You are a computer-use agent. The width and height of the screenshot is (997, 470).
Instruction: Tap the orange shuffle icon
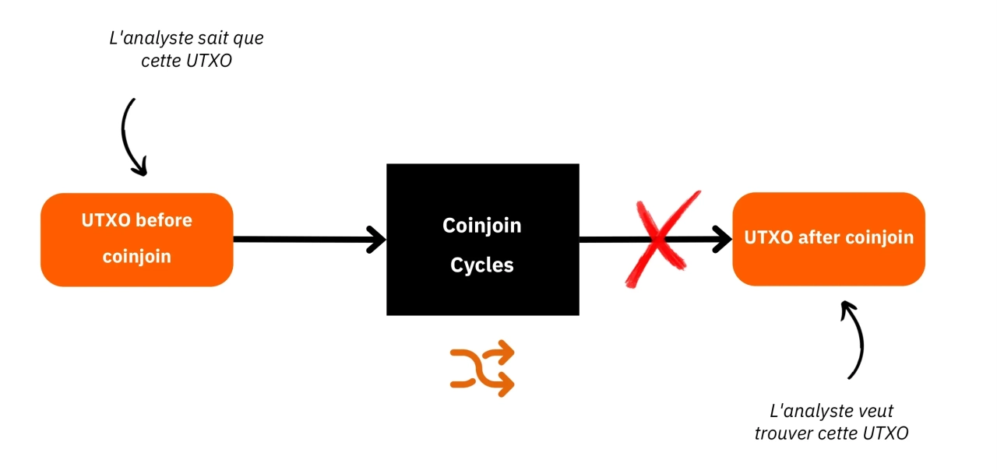coord(483,368)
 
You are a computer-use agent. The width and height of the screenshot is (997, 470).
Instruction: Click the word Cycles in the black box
coord(482,265)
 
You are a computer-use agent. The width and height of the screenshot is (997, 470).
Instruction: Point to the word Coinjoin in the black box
coord(482,226)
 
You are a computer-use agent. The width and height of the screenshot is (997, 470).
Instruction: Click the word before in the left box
coord(164,220)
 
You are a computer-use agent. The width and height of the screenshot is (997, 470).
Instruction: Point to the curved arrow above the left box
coord(130,136)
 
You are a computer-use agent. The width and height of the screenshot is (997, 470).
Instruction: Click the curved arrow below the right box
coord(856,338)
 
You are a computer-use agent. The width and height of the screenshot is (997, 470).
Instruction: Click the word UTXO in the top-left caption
coord(209,61)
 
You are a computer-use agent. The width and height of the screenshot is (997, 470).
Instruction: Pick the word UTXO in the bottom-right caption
coord(886,433)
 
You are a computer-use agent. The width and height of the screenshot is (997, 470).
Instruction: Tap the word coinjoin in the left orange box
coord(136,257)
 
